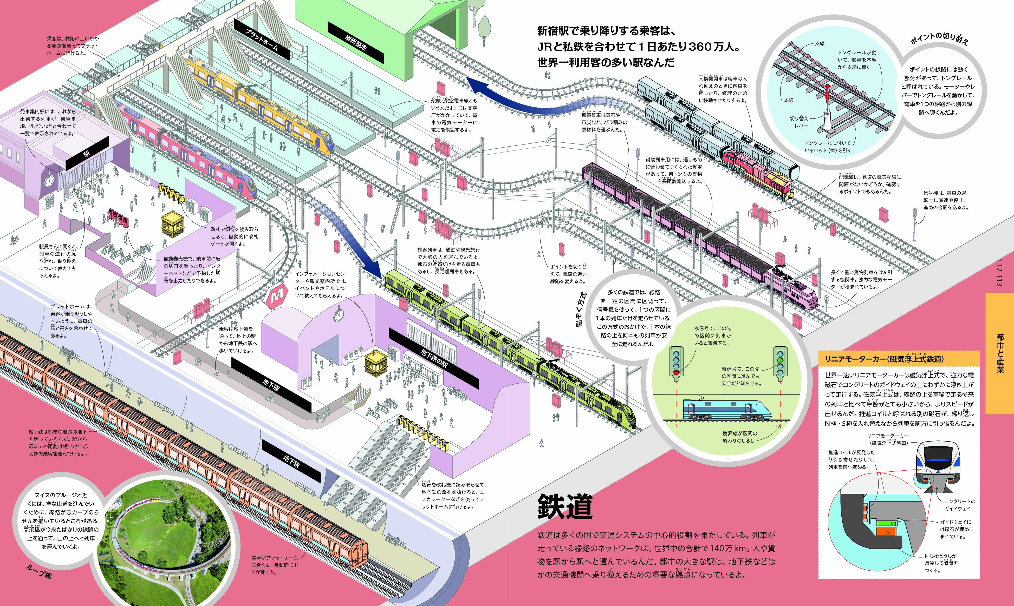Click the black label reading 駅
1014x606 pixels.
pos(87,153)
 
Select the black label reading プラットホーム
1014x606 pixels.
pos(262,39)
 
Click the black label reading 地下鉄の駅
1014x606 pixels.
pos(433,358)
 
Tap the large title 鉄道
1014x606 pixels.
pos(565,506)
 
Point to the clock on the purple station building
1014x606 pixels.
pos(49,180)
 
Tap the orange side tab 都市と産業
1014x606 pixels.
pos(1000,353)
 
